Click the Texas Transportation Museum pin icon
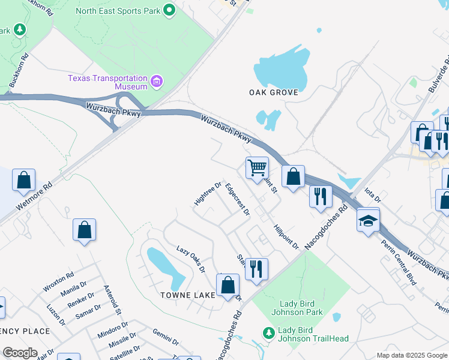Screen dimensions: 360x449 [157, 81]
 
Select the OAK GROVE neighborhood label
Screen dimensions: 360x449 [270, 92]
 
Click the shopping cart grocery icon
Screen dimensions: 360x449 [257, 167]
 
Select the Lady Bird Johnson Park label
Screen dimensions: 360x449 [301, 308]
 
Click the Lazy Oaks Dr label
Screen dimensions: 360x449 [191, 257]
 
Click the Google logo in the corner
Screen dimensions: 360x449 [20, 353]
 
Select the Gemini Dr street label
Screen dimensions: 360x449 [166, 338]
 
